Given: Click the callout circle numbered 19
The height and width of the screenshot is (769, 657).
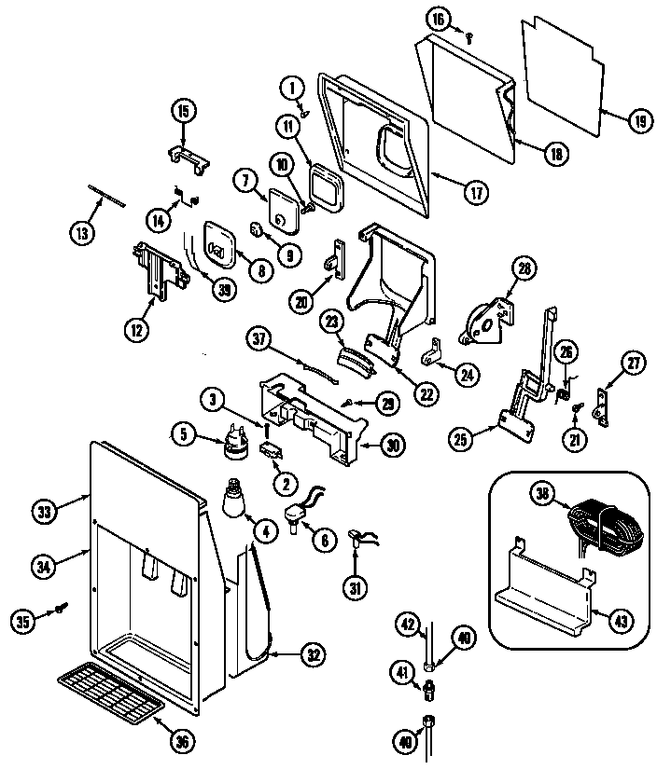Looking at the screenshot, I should click(x=637, y=119).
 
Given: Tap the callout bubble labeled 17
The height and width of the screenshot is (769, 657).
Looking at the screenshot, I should click(x=475, y=194).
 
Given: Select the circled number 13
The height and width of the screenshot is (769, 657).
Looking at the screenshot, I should click(x=82, y=233).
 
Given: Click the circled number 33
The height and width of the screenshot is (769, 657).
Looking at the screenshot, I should click(x=45, y=510).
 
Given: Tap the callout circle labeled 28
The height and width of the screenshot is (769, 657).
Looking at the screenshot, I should click(x=524, y=269).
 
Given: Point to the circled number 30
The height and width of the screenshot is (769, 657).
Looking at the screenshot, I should click(x=394, y=446).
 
